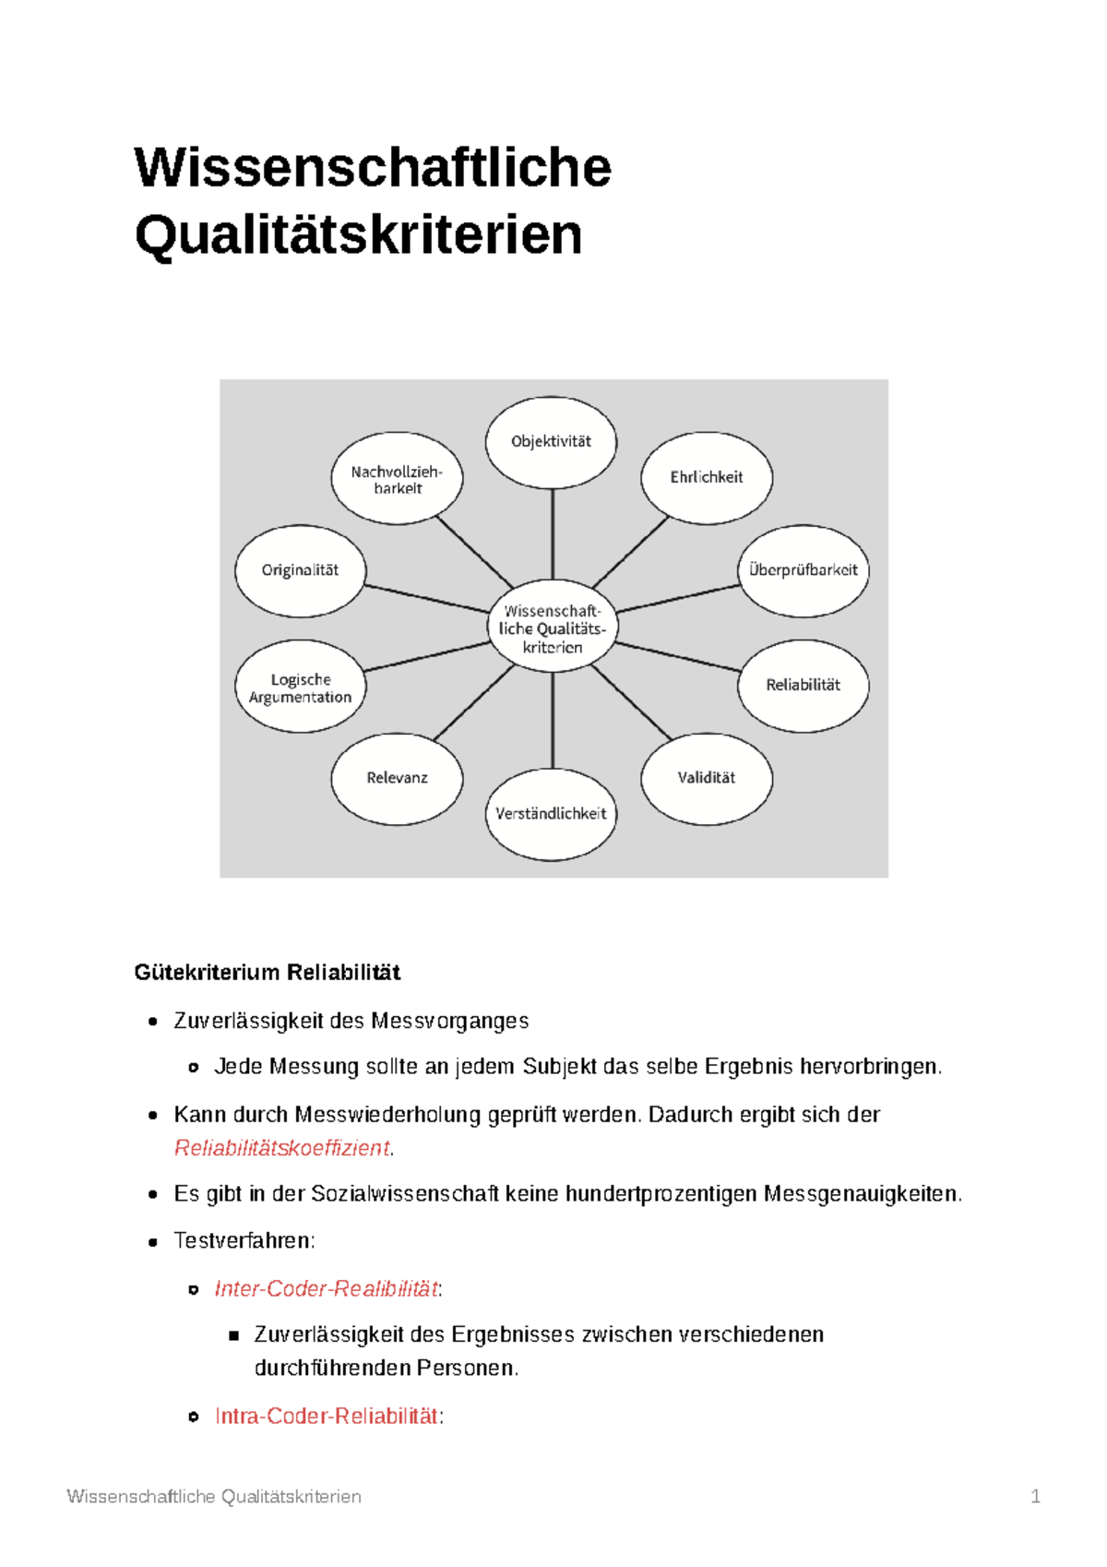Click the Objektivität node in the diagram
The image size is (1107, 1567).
pyautogui.click(x=551, y=442)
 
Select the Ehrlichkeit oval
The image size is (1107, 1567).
pyautogui.click(x=706, y=477)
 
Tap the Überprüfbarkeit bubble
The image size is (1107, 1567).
pyautogui.click(x=803, y=570)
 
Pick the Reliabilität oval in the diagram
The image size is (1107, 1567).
pyautogui.click(x=803, y=685)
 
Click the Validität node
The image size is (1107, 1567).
pyautogui.click(x=706, y=778)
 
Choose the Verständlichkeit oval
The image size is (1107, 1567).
pyautogui.click(x=551, y=814)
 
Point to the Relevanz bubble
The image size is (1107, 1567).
pyautogui.click(x=397, y=778)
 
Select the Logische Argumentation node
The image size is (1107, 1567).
pyautogui.click(x=300, y=688)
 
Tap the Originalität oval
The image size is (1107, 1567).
pyautogui.click(x=300, y=570)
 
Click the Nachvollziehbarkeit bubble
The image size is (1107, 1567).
pyautogui.click(x=397, y=479)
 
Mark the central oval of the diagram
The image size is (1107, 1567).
pyautogui.click(x=552, y=628)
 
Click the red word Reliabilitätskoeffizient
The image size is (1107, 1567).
pyautogui.click(x=282, y=1148)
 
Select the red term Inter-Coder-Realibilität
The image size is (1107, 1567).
pyautogui.click(x=327, y=1288)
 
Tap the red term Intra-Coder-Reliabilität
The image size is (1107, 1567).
pyautogui.click(x=327, y=1416)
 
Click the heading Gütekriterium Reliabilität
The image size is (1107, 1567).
pyautogui.click(x=268, y=972)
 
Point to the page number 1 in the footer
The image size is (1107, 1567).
pyautogui.click(x=1035, y=1496)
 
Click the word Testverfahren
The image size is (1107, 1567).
pyautogui.click(x=244, y=1240)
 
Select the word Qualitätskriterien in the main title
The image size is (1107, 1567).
pyautogui.click(x=359, y=234)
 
